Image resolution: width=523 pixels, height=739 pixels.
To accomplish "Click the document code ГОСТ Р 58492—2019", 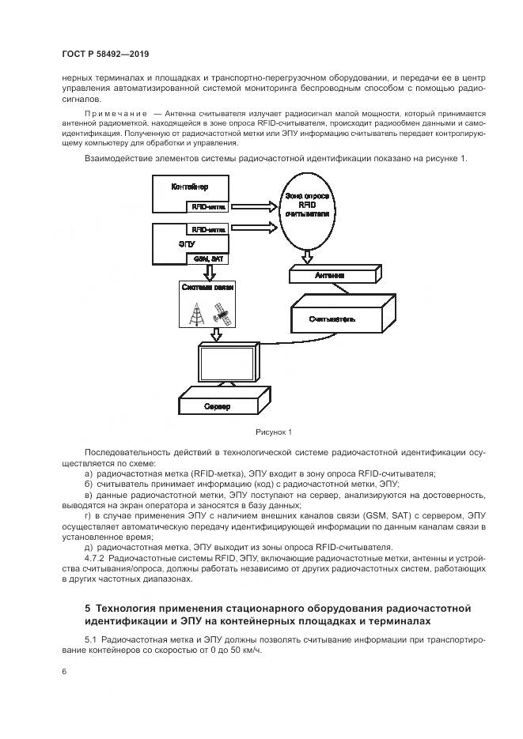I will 105,55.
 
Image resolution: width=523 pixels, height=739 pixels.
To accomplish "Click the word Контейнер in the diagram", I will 190,187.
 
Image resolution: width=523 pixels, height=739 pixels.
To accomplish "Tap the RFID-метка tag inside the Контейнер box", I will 208,206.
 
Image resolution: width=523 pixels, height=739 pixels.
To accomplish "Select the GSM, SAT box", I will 207,258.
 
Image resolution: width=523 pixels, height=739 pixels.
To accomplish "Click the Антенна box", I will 328,276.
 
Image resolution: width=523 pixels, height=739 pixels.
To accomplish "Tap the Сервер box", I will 214,406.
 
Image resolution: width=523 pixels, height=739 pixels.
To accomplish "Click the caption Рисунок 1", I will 274,432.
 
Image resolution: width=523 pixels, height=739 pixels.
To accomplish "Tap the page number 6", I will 63,672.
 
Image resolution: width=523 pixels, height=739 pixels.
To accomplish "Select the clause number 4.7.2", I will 95,559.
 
